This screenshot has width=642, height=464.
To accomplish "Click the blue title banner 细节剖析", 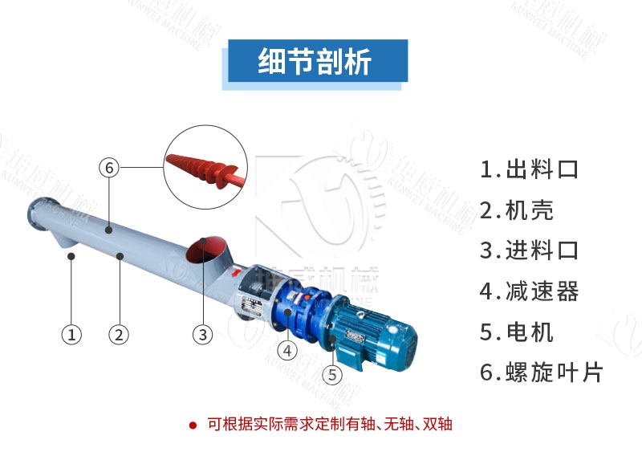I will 319,63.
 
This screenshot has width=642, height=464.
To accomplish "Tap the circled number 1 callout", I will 72,334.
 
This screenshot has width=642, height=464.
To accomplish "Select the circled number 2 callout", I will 119,334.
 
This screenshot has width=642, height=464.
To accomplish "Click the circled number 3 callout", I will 202,334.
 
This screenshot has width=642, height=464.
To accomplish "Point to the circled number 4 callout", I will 286,350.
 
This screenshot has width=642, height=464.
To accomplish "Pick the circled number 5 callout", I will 332,373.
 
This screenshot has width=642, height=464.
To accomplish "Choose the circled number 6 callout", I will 109,168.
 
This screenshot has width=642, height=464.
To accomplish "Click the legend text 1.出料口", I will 529,169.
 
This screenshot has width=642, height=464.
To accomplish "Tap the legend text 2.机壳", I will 517,210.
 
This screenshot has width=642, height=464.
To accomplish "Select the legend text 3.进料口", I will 529,250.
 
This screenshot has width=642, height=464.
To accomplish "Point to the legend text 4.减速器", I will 529,291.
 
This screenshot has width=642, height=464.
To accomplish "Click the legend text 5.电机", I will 517,332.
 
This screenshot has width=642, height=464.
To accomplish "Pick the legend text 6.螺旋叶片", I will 541,372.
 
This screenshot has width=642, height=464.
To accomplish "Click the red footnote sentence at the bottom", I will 330,424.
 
